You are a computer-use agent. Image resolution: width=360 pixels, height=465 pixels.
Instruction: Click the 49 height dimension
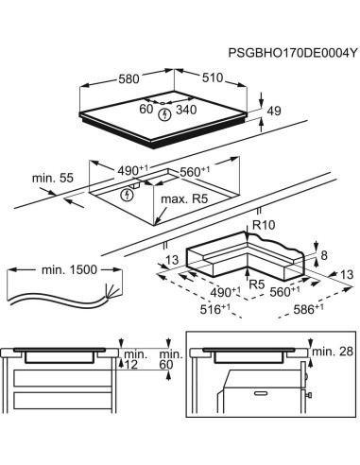[275, 112]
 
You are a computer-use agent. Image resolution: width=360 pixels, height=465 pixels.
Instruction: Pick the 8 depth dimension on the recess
[323, 255]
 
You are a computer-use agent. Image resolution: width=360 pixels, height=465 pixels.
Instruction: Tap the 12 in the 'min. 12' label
[131, 364]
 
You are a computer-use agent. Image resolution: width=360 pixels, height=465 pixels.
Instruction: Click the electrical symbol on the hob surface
[166, 113]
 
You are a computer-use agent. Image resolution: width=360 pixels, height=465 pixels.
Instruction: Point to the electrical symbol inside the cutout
[128, 194]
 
